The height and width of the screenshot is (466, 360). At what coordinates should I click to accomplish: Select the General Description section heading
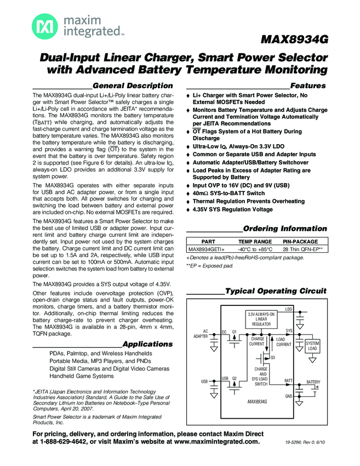[133, 86]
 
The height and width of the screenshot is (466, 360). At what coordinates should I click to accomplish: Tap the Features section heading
[307, 86]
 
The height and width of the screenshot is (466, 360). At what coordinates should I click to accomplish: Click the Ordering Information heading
[284, 228]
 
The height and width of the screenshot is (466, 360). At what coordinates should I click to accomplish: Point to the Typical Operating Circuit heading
[276, 291]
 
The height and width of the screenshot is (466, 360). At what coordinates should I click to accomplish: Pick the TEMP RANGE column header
[255, 241]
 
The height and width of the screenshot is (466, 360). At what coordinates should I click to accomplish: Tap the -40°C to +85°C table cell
[255, 249]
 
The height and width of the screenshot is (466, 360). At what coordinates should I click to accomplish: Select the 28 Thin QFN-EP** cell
[302, 249]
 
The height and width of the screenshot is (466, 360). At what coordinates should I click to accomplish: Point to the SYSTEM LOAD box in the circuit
[312, 346]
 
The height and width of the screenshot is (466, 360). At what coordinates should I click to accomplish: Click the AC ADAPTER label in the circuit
[201, 334]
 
